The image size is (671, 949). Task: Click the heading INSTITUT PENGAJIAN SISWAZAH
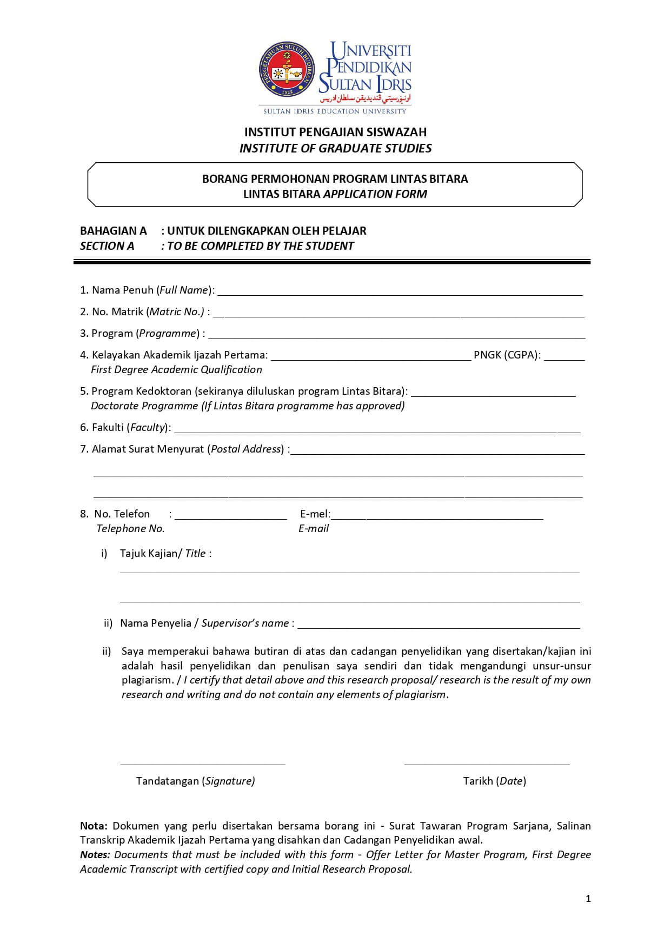click(x=335, y=132)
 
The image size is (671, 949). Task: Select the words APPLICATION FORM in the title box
click(x=375, y=194)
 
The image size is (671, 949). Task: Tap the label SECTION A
click(x=107, y=246)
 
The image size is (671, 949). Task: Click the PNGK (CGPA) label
click(x=507, y=355)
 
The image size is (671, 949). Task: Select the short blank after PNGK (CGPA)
click(x=564, y=357)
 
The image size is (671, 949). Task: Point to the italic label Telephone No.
click(x=130, y=529)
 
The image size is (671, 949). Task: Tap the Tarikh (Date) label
click(x=494, y=781)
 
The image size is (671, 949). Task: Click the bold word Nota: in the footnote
click(x=94, y=826)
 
